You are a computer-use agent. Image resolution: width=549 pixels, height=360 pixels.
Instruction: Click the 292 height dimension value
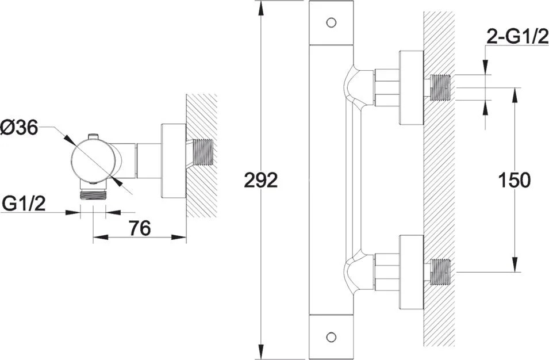click(261, 181)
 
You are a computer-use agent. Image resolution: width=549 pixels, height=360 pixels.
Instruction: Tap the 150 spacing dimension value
click(514, 181)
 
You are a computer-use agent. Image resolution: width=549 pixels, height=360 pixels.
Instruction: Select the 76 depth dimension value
click(140, 228)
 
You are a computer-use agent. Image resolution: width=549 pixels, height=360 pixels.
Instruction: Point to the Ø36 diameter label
click(19, 128)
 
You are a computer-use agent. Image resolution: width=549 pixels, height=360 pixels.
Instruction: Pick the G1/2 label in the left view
click(24, 204)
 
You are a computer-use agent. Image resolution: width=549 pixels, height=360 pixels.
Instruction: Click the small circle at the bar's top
click(331, 23)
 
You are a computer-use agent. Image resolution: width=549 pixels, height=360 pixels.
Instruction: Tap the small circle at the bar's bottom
click(331, 337)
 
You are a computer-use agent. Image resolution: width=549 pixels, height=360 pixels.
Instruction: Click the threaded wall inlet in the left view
click(203, 152)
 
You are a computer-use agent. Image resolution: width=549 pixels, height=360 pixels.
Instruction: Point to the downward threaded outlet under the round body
click(93, 194)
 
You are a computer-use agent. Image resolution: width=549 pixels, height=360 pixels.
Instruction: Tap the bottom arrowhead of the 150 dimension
click(515, 265)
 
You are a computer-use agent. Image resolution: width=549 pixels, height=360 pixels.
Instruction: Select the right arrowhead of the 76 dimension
click(179, 238)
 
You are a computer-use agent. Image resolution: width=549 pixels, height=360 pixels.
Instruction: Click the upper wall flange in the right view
click(412, 87)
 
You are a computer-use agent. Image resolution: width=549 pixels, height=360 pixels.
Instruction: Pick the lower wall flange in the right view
click(412, 272)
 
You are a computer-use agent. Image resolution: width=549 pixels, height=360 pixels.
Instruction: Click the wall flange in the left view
click(173, 161)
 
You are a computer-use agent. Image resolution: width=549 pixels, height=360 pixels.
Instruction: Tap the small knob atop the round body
click(93, 136)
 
